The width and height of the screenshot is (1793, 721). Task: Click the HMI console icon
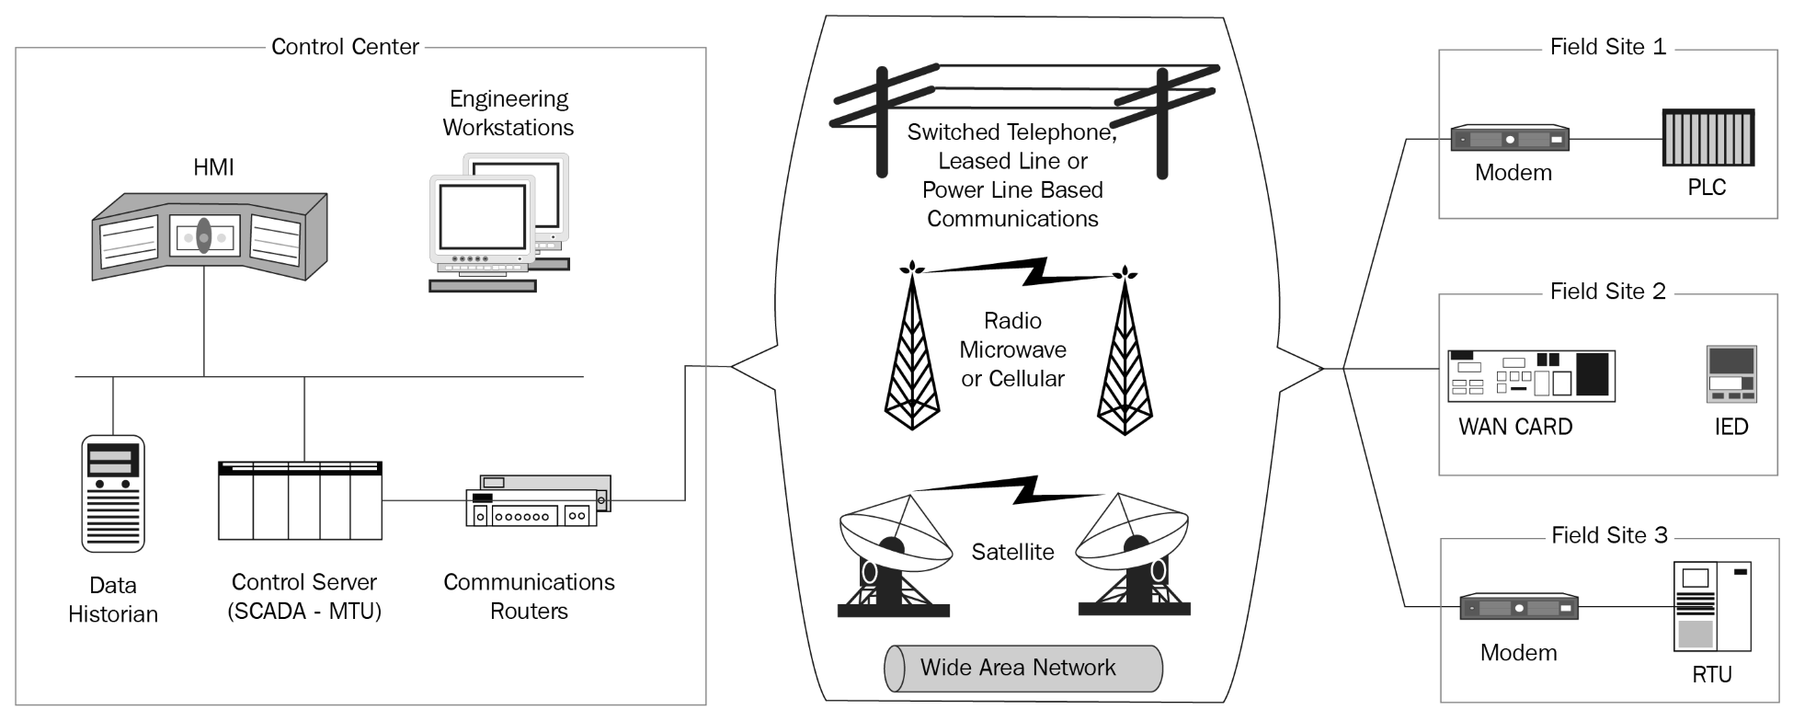[210, 235]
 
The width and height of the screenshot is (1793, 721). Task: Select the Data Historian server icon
[113, 494]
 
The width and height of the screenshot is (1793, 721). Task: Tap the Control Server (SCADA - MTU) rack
[300, 500]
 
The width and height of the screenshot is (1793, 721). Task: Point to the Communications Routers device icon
[538, 501]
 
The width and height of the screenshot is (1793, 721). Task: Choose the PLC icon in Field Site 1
[1708, 138]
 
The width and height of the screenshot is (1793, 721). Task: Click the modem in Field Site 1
[1510, 139]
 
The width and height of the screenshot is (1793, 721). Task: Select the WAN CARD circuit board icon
[1531, 375]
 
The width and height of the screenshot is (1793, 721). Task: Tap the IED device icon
[1731, 374]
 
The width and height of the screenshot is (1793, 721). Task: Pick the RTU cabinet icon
[1712, 607]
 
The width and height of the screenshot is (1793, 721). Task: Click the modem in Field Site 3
[1519, 607]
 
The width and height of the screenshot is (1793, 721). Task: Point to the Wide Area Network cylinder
[1023, 668]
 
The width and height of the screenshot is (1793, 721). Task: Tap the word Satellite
[1013, 552]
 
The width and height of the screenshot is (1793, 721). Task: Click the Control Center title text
[345, 47]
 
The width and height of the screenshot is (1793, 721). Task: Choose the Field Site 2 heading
[1608, 292]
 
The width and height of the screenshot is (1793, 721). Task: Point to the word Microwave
[1012, 349]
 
